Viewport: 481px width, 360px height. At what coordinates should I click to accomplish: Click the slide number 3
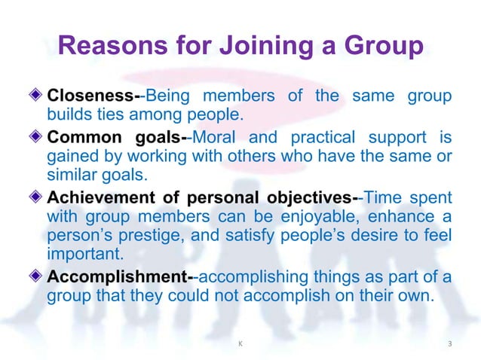point(449,344)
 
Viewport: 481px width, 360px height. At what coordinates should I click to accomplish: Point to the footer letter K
point(240,344)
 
